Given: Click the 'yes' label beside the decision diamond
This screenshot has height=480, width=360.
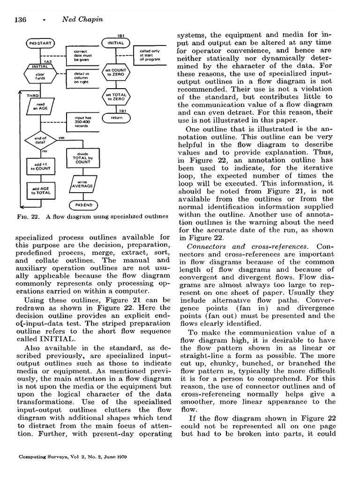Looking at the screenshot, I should (61, 138).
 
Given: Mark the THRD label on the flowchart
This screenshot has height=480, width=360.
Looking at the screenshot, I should (32, 96).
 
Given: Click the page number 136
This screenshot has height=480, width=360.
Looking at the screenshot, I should (23, 20).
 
